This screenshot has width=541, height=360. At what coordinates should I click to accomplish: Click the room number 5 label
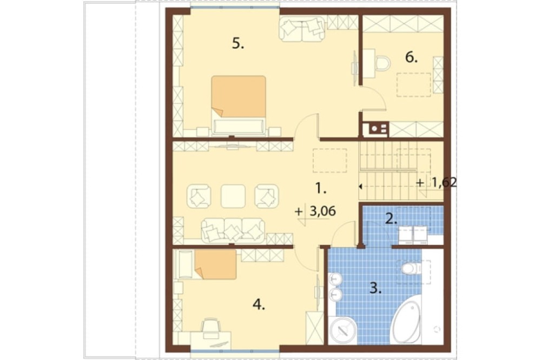(x=237, y=44)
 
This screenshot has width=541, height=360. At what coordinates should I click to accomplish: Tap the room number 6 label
(x=411, y=57)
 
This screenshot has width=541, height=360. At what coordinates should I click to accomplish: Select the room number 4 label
(x=259, y=304)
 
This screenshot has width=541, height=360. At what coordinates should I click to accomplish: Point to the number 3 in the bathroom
(x=375, y=288)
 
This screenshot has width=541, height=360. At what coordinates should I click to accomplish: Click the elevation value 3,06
(x=322, y=211)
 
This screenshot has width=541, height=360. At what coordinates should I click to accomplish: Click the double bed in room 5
(x=239, y=105)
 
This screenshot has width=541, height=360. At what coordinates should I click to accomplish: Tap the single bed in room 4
(x=207, y=264)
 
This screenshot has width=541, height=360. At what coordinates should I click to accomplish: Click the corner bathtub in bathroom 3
(x=407, y=322)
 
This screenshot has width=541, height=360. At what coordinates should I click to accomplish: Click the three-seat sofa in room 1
(x=233, y=230)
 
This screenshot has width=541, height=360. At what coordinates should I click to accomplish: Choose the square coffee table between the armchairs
(x=233, y=196)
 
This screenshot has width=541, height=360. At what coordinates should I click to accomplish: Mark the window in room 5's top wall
(x=235, y=7)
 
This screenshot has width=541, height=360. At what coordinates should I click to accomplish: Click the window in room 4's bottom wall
(x=235, y=351)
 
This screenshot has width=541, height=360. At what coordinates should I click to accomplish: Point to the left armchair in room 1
(x=199, y=197)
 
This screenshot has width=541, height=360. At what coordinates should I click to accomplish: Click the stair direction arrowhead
(x=360, y=186)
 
